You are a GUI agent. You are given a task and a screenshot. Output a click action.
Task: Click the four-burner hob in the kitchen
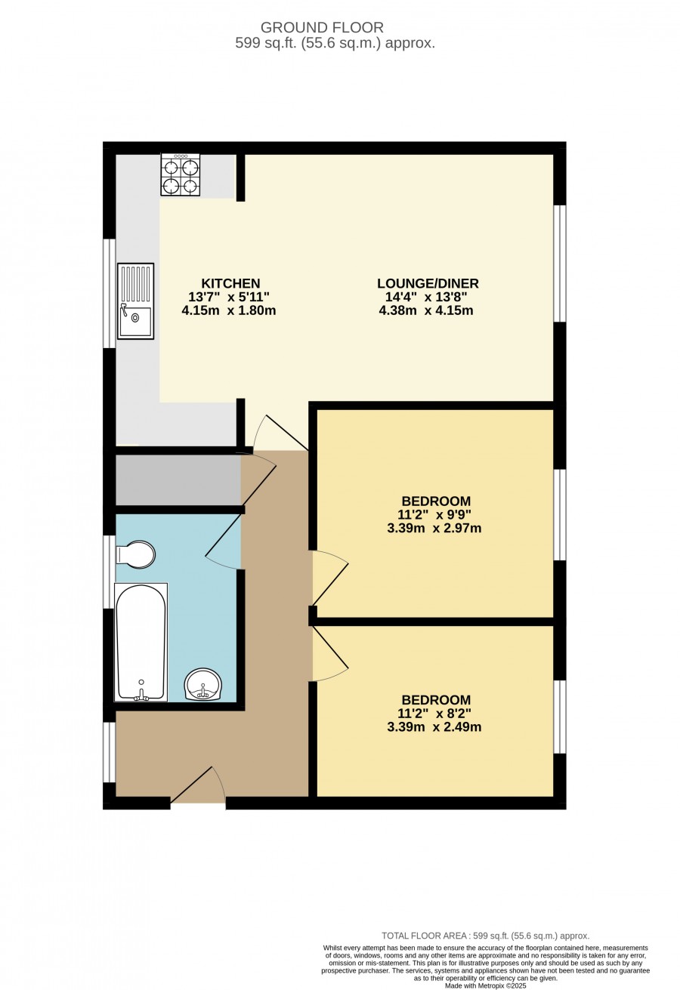pyautogui.click(x=181, y=174)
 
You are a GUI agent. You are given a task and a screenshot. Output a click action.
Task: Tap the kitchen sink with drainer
pyautogui.click(x=136, y=301)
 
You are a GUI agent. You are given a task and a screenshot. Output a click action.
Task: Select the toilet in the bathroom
pyautogui.click(x=136, y=554)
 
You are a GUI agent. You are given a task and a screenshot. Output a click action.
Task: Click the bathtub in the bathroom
pyautogui.click(x=141, y=642)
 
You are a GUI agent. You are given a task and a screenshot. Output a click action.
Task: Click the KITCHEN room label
pyautogui.click(x=230, y=283)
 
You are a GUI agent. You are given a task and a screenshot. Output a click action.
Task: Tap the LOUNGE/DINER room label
pyautogui.click(x=428, y=283)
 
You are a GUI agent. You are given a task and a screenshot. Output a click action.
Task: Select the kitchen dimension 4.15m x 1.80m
pyautogui.click(x=229, y=310)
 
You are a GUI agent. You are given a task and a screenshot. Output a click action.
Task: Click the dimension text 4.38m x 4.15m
pyautogui.click(x=426, y=310)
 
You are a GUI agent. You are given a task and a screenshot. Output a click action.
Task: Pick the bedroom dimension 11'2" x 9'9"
pyautogui.click(x=434, y=514)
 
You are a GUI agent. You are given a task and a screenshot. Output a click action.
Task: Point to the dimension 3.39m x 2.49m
pyautogui.click(x=434, y=727)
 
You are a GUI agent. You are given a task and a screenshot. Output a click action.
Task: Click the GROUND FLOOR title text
pyautogui.click(x=322, y=27)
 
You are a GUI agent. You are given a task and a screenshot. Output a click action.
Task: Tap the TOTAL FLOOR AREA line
pyautogui.click(x=486, y=936)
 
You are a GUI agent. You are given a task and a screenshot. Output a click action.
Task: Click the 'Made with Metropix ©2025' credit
pyautogui.click(x=486, y=985)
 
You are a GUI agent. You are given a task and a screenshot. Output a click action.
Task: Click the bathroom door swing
pyautogui.click(x=224, y=543)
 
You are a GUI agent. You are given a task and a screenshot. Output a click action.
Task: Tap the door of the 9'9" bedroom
pyautogui.click(x=330, y=578)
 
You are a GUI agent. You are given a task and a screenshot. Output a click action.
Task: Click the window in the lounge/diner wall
pyautogui.click(x=560, y=264)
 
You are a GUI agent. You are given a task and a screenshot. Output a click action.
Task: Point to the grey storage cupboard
pyautogui.click(x=178, y=480)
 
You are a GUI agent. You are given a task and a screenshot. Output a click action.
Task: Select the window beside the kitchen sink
pyautogui.click(x=110, y=294)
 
